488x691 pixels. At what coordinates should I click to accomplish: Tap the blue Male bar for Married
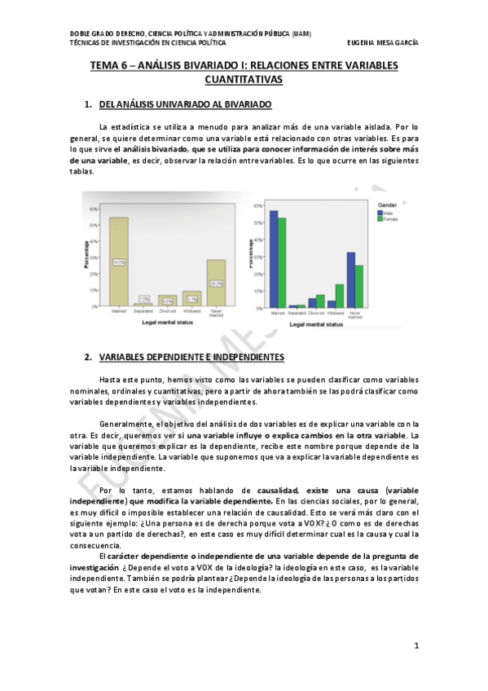coord(274,260)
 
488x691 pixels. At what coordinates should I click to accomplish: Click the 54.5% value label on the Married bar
coord(119,262)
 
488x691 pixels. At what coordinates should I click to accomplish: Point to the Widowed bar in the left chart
coord(191,298)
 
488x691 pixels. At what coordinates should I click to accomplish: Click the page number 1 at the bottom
coord(416,646)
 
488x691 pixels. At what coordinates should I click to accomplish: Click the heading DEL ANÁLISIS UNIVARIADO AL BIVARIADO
coord(185,106)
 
